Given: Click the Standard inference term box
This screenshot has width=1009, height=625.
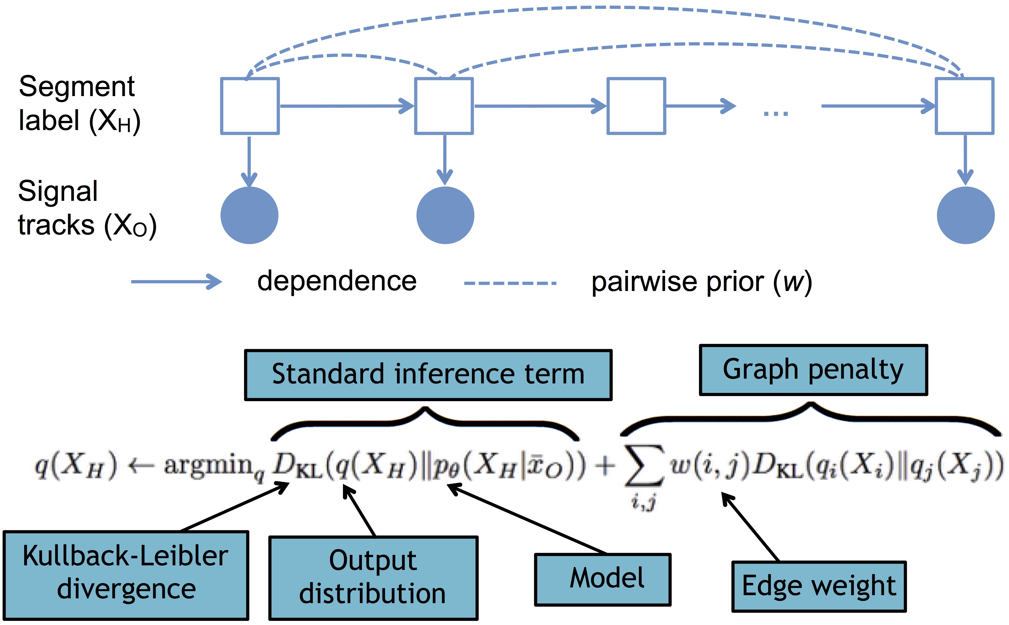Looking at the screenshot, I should pyautogui.click(x=428, y=375).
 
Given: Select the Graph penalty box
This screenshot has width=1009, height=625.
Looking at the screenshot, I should pyautogui.click(x=813, y=370).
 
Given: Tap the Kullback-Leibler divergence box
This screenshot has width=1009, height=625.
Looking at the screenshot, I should pyautogui.click(x=126, y=575).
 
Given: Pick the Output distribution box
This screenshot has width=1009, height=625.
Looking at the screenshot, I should pyautogui.click(x=373, y=577).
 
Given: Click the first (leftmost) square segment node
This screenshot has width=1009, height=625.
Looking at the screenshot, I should pyautogui.click(x=250, y=106).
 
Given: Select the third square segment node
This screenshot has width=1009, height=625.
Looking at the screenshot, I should pyautogui.click(x=636, y=106).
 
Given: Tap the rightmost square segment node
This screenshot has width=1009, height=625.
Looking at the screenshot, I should pyautogui.click(x=964, y=106).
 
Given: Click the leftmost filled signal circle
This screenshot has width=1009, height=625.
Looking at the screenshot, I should pyautogui.click(x=249, y=215).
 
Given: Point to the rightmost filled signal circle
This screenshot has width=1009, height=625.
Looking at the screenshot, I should pyautogui.click(x=965, y=215).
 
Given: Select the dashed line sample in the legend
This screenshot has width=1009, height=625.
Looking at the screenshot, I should pyautogui.click(x=510, y=283).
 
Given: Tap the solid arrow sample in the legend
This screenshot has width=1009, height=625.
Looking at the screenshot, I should pyautogui.click(x=176, y=282).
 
